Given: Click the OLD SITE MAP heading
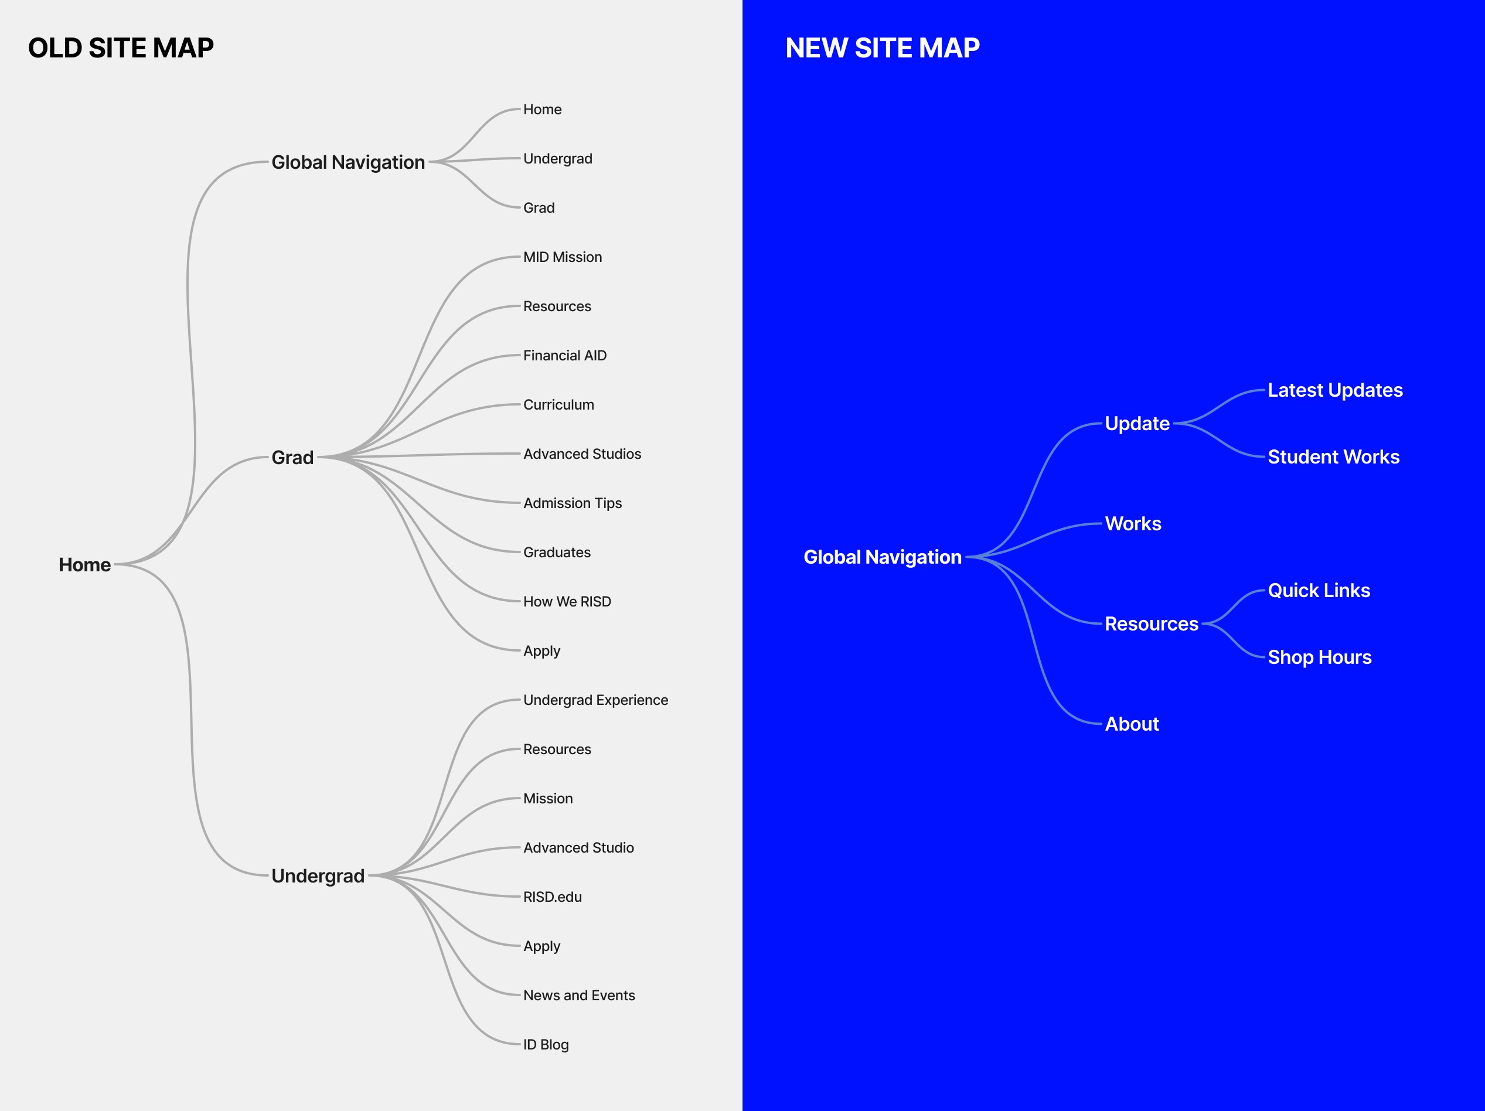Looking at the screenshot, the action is click(x=121, y=48).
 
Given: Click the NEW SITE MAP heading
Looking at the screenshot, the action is click(x=882, y=48).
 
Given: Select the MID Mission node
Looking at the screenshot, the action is click(x=562, y=257).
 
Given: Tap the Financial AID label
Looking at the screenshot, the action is click(x=564, y=355).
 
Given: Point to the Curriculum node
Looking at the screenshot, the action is click(x=558, y=405).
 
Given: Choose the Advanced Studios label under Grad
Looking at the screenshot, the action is click(x=581, y=454).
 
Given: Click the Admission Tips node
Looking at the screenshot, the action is click(x=572, y=503).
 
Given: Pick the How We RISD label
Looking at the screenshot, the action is click(x=567, y=601).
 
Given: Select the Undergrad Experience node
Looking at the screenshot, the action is click(x=595, y=700).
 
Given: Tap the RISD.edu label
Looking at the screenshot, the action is click(x=552, y=897).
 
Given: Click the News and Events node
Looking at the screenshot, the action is click(x=578, y=995).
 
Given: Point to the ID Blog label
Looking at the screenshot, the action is click(x=545, y=1045).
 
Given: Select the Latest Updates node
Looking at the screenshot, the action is click(x=1334, y=390).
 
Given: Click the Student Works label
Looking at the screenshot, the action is click(x=1333, y=457).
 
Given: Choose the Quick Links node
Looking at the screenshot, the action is click(x=1319, y=591).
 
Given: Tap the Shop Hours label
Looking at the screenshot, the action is click(x=1319, y=657).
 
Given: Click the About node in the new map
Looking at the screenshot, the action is click(x=1132, y=724).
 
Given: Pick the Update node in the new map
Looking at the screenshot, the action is click(x=1136, y=424).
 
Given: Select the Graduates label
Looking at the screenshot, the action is click(x=557, y=553).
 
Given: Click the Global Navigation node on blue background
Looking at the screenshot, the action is click(x=882, y=557).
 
